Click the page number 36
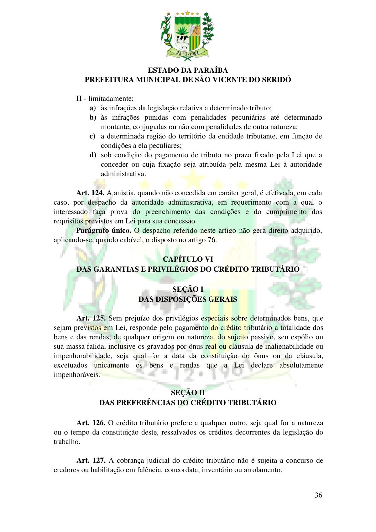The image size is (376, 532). coord(318,495)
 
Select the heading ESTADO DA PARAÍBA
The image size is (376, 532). coord(188,70)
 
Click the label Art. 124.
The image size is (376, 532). coord(90,193)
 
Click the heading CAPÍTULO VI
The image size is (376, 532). coord(188,259)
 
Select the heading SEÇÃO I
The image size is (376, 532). coord(188,289)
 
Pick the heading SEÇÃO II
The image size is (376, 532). coord(188,393)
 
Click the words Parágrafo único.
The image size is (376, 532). coord(104,231)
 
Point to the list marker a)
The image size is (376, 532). coord(92,108)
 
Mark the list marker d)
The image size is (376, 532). coord(92,155)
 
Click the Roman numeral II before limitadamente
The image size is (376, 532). coord(79,99)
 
